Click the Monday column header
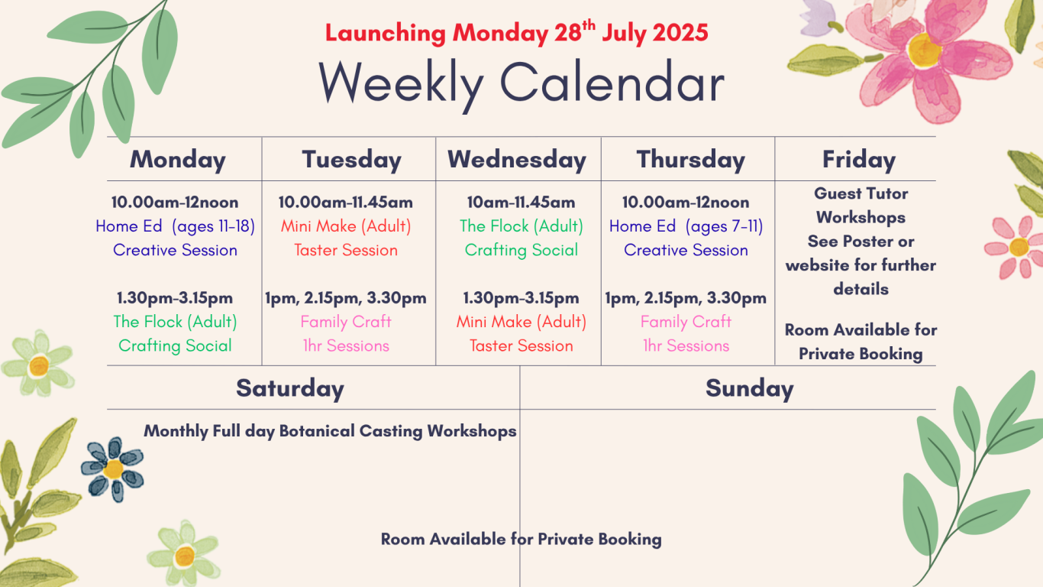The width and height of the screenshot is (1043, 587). [178, 160]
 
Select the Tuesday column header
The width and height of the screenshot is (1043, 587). [351, 160]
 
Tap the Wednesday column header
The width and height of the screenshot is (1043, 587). [517, 160]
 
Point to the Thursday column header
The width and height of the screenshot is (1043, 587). [690, 160]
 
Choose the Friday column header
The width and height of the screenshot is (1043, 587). [859, 160]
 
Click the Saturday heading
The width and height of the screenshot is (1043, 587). [290, 388]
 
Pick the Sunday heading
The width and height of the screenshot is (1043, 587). [750, 388]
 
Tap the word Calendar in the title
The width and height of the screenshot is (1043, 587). [612, 83]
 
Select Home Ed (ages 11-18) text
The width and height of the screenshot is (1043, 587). [175, 226]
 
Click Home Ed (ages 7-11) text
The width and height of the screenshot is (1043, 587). [686, 226]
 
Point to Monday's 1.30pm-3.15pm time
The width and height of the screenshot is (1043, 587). [175, 298]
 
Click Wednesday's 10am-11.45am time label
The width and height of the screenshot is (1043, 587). [521, 203]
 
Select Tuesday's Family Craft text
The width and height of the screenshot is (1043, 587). [345, 322]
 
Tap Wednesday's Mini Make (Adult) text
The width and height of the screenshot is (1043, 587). [521, 322]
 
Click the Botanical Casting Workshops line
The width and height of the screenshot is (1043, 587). [330, 431]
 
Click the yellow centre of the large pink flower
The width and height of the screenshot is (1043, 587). [924, 50]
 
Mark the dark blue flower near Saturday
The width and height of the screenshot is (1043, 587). [112, 469]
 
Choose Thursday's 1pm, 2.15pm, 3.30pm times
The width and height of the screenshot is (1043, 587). [686, 298]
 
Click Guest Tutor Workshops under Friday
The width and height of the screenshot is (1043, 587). [861, 205]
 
